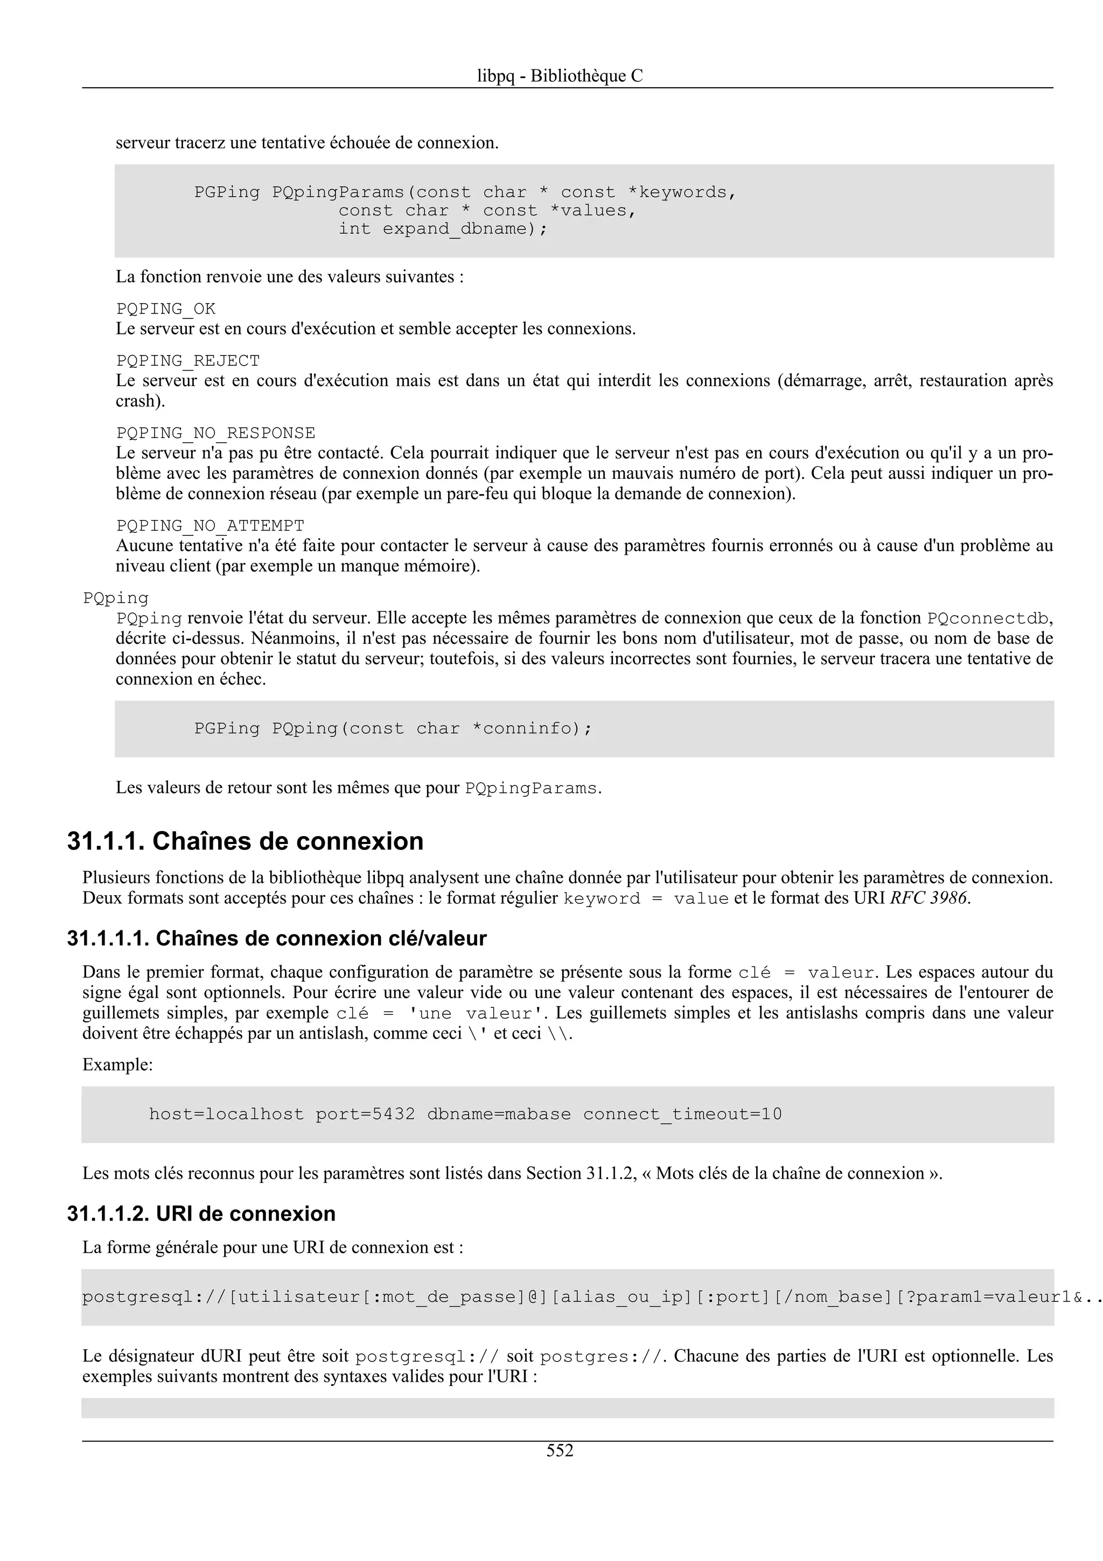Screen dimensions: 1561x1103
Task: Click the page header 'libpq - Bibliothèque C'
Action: (x=560, y=75)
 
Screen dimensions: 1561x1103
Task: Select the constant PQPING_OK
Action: (x=166, y=309)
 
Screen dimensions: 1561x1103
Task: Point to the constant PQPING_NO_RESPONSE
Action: (x=215, y=433)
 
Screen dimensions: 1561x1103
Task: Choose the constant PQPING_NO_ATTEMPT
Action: (x=210, y=526)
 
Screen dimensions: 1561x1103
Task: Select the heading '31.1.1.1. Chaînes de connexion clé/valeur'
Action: (x=277, y=938)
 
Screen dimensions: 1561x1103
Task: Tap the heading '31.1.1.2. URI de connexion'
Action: (x=201, y=1214)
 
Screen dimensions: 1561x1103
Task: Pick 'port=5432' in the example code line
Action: (x=365, y=1114)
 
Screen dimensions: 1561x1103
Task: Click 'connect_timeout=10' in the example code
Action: (x=682, y=1114)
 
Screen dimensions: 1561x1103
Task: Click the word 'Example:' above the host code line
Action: (x=117, y=1065)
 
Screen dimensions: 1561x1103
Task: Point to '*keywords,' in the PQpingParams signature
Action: (x=682, y=192)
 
